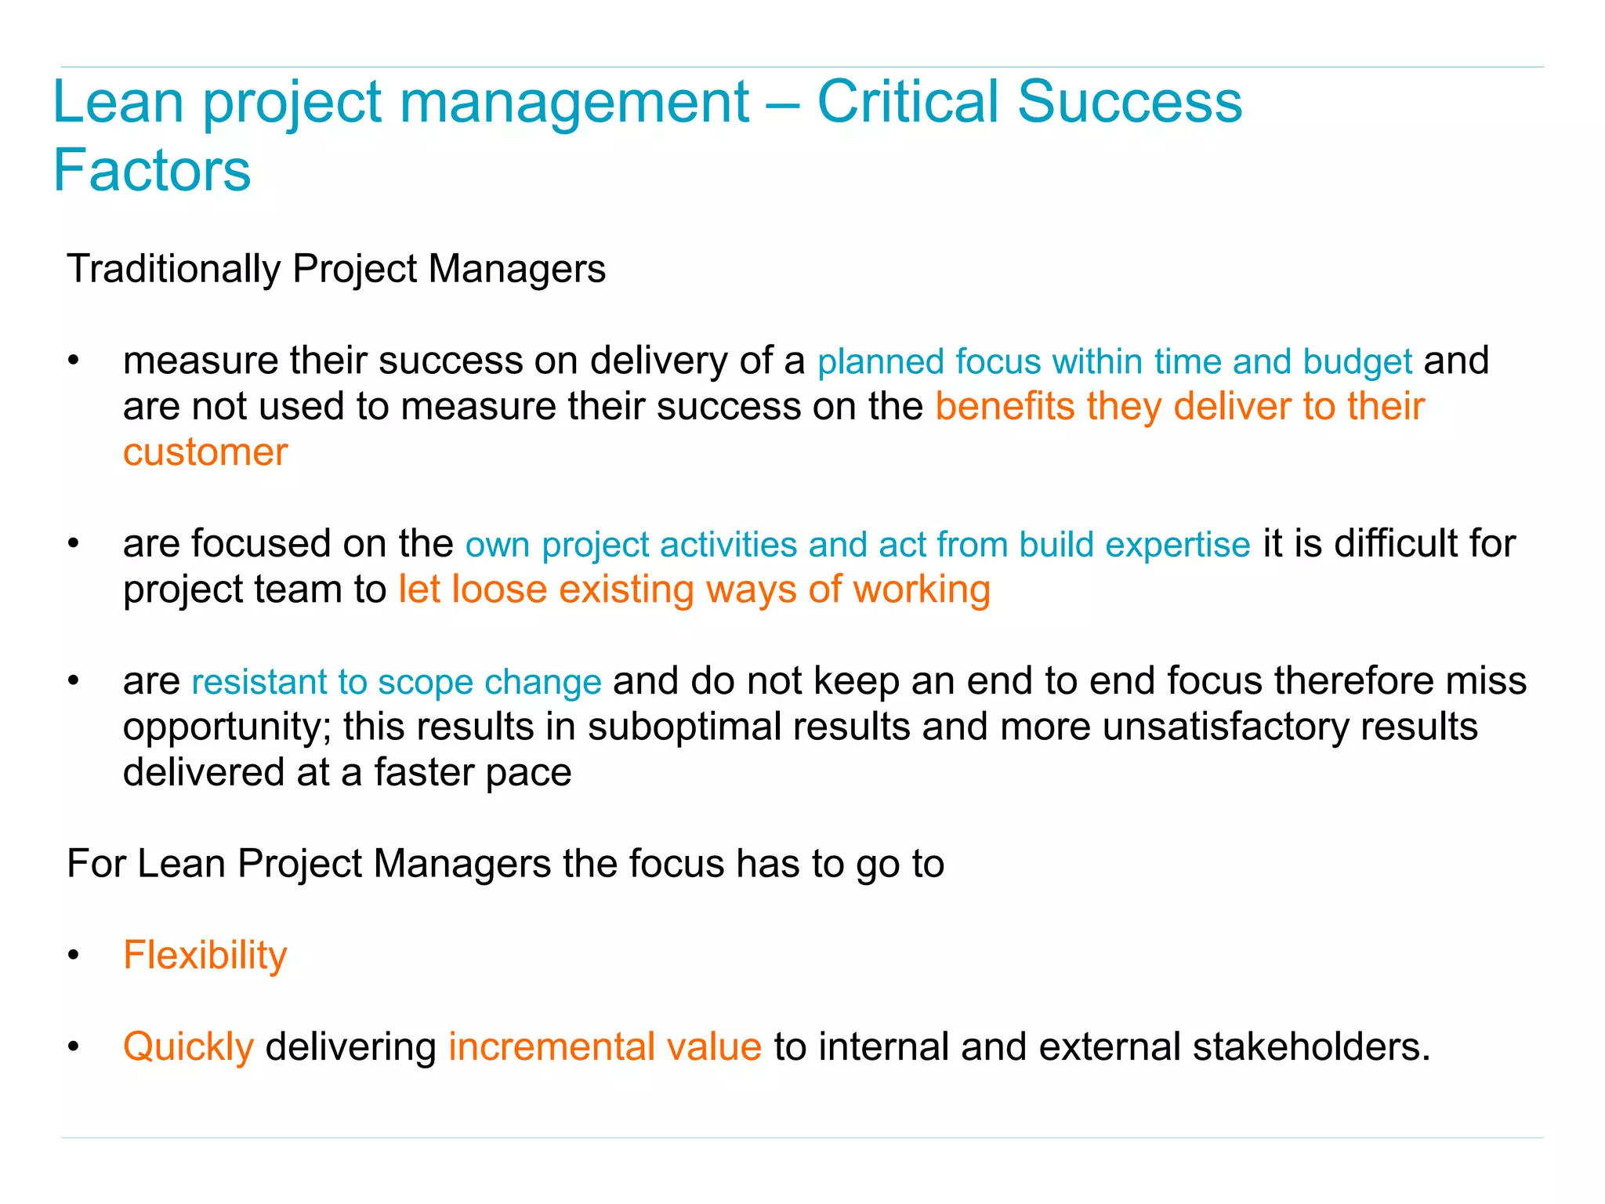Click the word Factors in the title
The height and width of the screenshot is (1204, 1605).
[151, 170]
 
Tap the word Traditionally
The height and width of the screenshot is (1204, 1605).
[173, 269]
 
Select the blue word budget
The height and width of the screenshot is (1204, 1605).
[1357, 362]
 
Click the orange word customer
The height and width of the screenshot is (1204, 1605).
[205, 453]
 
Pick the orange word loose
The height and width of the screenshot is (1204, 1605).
[499, 589]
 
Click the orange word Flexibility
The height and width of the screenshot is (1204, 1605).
[205, 956]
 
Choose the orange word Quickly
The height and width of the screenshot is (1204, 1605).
[188, 1047]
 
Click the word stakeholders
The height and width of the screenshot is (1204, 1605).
[1310, 1047]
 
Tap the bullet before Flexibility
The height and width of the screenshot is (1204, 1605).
[74, 956]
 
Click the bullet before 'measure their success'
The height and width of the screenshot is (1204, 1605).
[74, 361]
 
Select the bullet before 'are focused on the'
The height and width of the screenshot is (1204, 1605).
[74, 544]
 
